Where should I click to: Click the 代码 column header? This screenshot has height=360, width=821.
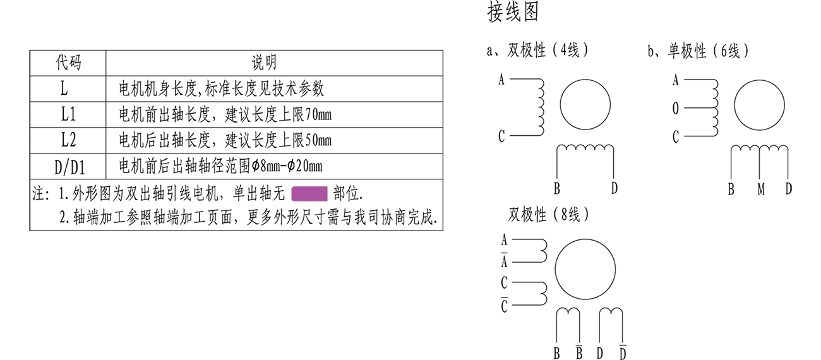tap(68, 62)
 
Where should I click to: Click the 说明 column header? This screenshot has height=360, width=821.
tap(264, 62)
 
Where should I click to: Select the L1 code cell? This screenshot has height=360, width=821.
tap(68, 115)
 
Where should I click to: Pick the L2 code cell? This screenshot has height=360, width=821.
tap(68, 140)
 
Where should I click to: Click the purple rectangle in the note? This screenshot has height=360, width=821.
tap(309, 193)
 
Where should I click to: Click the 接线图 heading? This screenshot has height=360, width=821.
tap(513, 13)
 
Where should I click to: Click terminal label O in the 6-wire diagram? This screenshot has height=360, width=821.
tap(675, 109)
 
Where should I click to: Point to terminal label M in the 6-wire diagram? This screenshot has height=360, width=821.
tap(761, 189)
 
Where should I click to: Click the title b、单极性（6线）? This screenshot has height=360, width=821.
tap(698, 51)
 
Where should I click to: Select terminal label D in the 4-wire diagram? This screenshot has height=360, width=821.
tap(614, 188)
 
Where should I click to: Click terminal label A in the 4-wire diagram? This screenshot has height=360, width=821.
tap(501, 80)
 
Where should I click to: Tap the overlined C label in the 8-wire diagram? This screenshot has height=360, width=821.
tap(504, 306)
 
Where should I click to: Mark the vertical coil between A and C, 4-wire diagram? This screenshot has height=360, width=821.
tap(540, 107)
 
